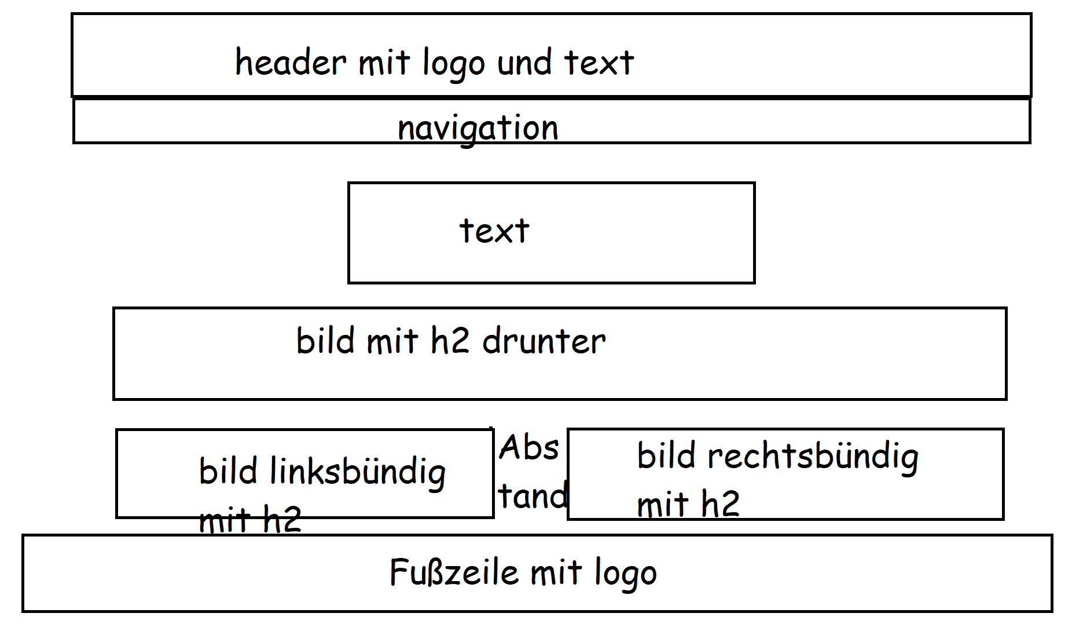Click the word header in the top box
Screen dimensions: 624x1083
click(x=291, y=62)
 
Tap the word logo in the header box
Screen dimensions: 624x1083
click(x=453, y=64)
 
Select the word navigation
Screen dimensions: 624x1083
click(x=478, y=127)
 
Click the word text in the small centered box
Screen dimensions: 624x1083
click(x=494, y=231)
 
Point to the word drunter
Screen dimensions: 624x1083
click(x=544, y=341)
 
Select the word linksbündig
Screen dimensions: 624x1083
click(x=358, y=472)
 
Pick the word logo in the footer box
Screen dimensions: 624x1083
click(x=626, y=574)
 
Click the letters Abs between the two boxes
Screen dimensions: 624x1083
click(x=529, y=448)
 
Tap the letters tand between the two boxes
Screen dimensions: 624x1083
click(x=533, y=497)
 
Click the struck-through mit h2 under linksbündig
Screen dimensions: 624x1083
click(x=249, y=519)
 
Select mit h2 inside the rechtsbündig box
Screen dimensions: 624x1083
click(x=688, y=503)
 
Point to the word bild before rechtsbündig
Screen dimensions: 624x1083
click(x=666, y=455)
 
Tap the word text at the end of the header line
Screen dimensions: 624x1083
click(x=599, y=63)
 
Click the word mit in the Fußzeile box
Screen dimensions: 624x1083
click(x=556, y=572)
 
